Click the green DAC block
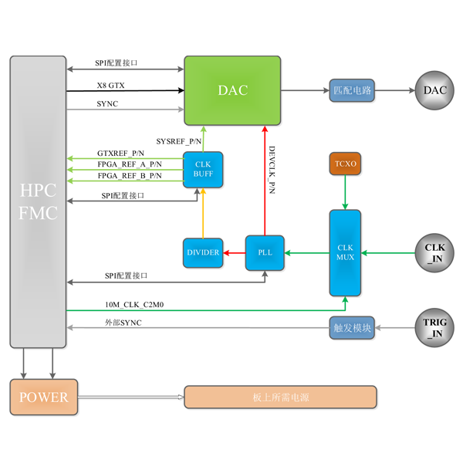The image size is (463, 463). [x=232, y=90]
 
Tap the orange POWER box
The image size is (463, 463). [x=43, y=397]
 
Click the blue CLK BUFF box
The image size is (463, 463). [x=203, y=168]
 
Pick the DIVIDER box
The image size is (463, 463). [x=203, y=252]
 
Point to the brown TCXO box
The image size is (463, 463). [x=345, y=164]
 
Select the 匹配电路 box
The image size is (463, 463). [x=352, y=91]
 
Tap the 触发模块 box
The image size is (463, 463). [x=352, y=327]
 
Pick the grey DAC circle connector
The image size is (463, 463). [x=434, y=91]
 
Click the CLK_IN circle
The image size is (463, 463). [x=434, y=252]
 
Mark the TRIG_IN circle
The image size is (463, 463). [x=434, y=327]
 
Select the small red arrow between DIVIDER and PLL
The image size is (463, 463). [x=231, y=252]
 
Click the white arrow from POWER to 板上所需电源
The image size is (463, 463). [x=131, y=397]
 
